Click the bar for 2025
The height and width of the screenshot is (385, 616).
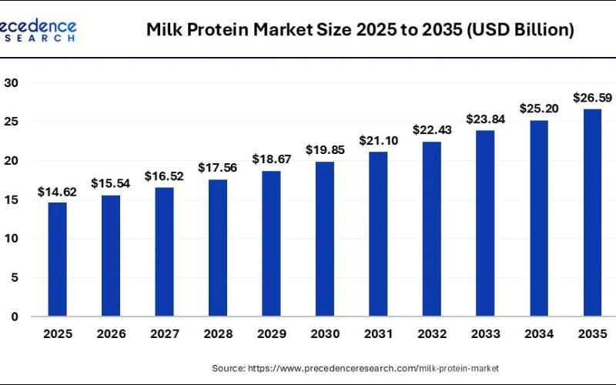(x=57, y=259)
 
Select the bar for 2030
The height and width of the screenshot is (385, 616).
(x=324, y=239)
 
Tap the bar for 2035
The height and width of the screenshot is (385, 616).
(x=592, y=213)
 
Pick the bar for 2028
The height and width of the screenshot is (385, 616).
(x=218, y=247)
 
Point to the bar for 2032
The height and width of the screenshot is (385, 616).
(x=432, y=229)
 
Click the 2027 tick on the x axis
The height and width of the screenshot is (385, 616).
(x=164, y=335)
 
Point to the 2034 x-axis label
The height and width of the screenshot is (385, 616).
(x=539, y=335)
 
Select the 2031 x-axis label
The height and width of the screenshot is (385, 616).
(x=378, y=335)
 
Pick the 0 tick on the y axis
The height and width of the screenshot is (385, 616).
(x=14, y=316)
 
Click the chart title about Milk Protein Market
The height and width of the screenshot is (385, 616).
(x=360, y=30)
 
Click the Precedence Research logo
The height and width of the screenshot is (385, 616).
(x=38, y=29)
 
